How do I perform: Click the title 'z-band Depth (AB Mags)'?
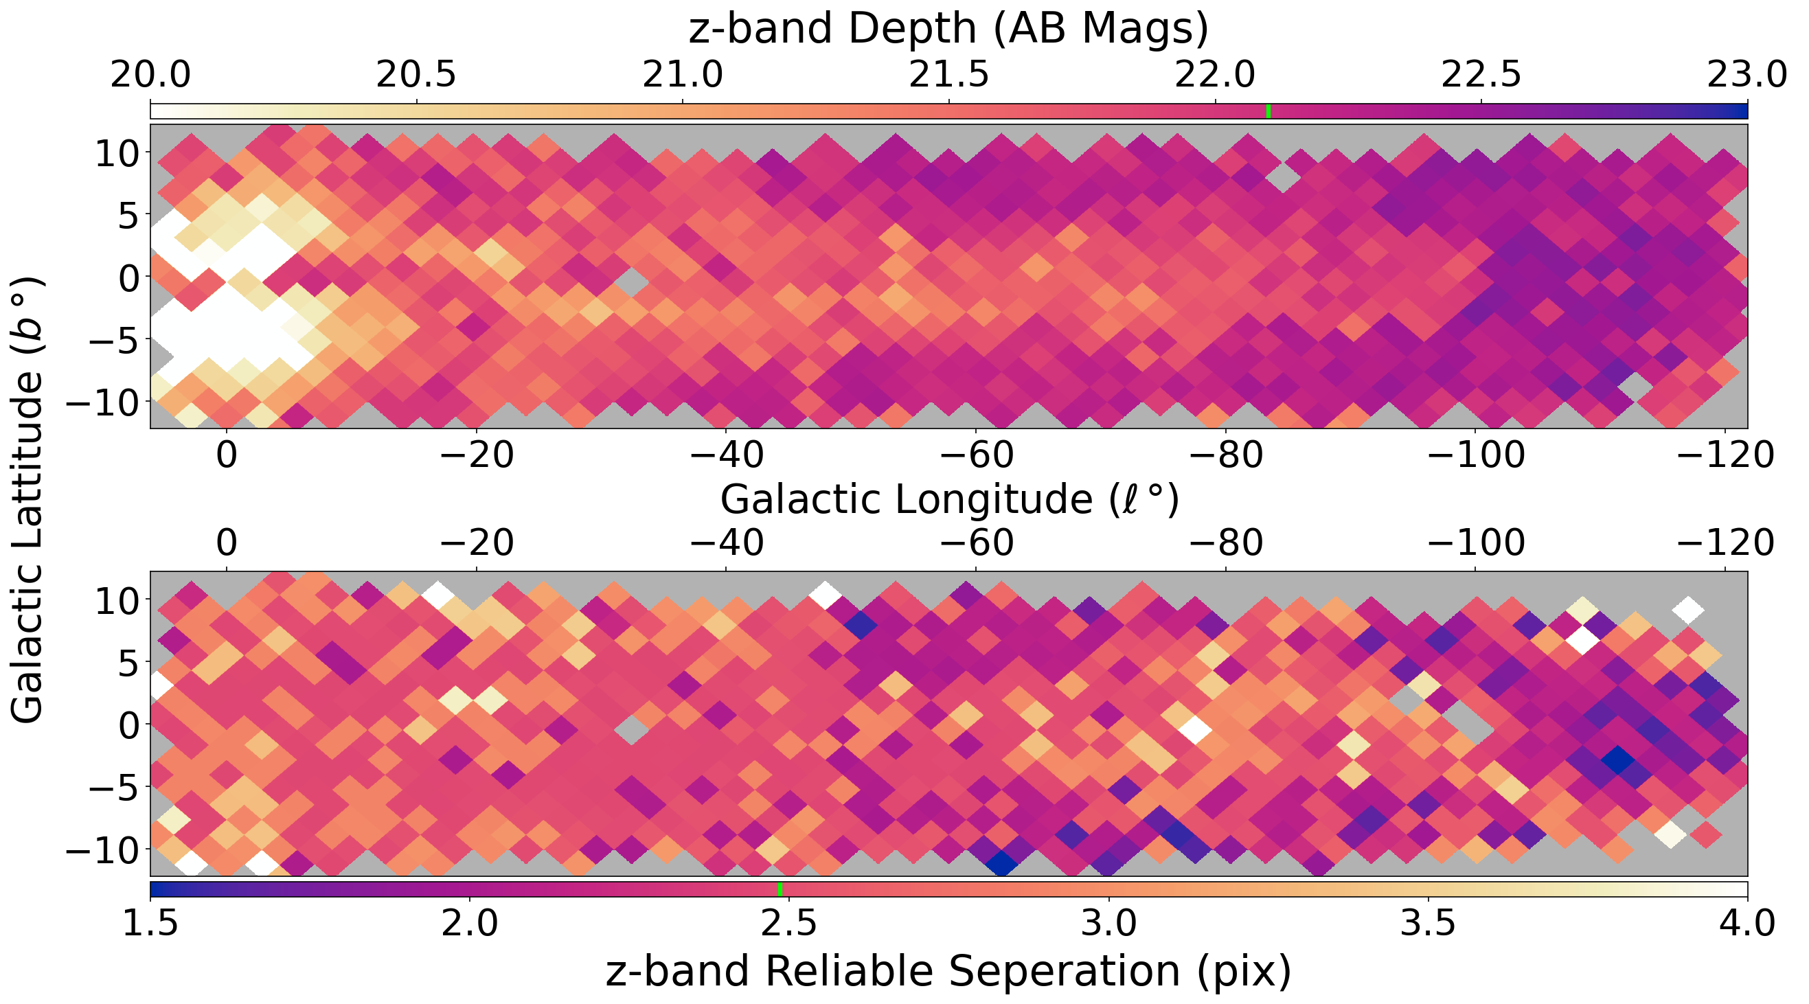pos(948,29)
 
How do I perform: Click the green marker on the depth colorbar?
pos(1268,111)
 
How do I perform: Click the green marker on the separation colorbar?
pos(780,889)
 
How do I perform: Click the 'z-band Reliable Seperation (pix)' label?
pos(948,972)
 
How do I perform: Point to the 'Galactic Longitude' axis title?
pos(948,500)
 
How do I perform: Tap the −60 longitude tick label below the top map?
pos(976,455)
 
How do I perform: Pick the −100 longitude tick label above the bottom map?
pos(1476,543)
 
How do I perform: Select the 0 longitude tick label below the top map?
pos(226,455)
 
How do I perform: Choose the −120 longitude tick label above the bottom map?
pos(1726,543)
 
